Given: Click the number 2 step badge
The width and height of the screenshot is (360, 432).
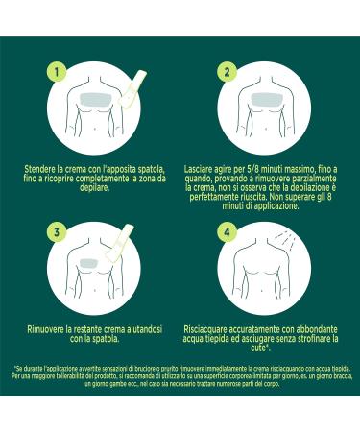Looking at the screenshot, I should pyautogui.click(x=228, y=73).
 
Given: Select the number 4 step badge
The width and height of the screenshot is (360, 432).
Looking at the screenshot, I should pyautogui.click(x=228, y=230).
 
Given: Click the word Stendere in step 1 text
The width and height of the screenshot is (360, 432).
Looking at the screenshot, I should pyautogui.click(x=43, y=167).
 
